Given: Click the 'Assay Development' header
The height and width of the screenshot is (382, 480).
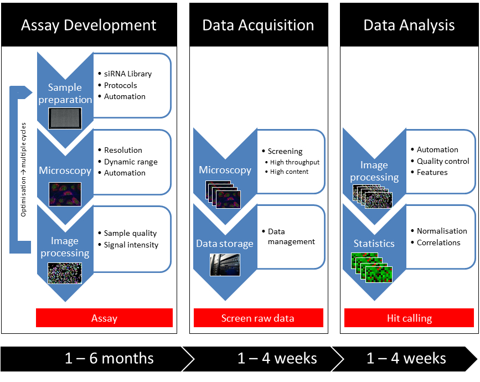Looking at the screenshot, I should (89, 25).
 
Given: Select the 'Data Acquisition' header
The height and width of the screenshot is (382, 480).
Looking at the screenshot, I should (258, 25).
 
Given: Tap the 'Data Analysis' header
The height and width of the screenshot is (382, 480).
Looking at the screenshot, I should (409, 25).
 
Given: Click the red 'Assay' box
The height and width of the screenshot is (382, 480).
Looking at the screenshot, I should (104, 318).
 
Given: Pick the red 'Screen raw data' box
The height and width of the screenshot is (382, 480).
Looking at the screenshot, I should (258, 318).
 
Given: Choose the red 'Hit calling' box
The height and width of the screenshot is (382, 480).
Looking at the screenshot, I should (409, 318).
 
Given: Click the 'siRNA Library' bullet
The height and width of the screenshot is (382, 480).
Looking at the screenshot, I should (128, 74).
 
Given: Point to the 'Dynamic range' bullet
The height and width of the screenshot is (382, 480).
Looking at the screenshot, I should (131, 162).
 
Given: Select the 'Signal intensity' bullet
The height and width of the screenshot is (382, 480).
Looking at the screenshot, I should (131, 245).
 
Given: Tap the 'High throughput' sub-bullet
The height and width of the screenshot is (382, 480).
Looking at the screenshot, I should (295, 162).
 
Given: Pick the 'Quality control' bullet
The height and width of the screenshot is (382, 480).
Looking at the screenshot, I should (443, 161).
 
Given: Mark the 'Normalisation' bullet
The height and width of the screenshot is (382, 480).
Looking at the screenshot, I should (442, 231).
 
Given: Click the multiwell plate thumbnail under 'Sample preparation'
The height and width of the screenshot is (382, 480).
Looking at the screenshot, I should (65, 118).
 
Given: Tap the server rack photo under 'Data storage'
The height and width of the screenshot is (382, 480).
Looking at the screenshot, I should (225, 265).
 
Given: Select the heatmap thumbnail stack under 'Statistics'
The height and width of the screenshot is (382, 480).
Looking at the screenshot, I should (371, 267).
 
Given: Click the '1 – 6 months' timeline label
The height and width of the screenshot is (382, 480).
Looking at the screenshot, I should (109, 358).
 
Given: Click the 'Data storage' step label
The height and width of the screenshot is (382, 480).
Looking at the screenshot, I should (225, 244).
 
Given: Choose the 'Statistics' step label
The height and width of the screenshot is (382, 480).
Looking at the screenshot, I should (374, 244).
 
